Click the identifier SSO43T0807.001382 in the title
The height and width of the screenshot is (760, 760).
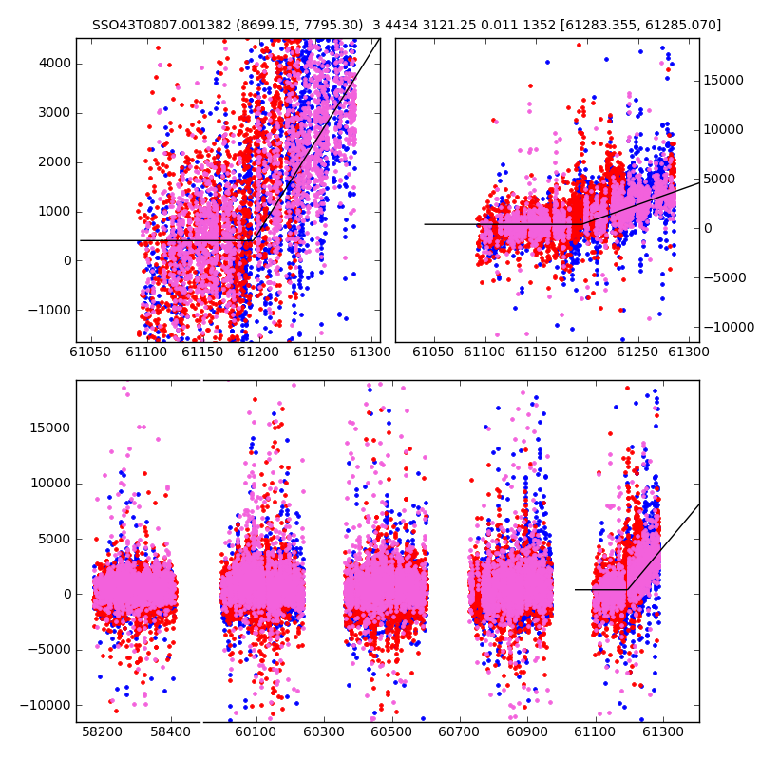(x=161, y=25)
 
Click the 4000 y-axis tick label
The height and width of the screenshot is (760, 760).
(x=55, y=64)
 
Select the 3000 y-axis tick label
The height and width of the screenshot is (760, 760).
(x=55, y=113)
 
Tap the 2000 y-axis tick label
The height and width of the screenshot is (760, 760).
(x=55, y=162)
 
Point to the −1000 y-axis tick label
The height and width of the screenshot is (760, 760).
(x=50, y=310)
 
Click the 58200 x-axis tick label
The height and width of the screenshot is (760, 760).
(x=102, y=731)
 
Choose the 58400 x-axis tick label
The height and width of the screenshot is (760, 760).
(x=170, y=731)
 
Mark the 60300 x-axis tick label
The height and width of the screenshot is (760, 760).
(x=324, y=731)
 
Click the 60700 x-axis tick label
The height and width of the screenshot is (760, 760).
(x=459, y=731)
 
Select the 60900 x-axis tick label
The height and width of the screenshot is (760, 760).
(x=527, y=731)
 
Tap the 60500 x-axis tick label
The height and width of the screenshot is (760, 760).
(x=391, y=731)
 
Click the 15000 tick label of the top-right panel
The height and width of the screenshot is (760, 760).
(x=723, y=81)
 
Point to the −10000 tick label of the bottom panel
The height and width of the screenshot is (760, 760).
(x=46, y=706)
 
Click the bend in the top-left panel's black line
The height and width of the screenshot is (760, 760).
(x=253, y=240)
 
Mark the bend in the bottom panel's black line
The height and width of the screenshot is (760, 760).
(x=627, y=589)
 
